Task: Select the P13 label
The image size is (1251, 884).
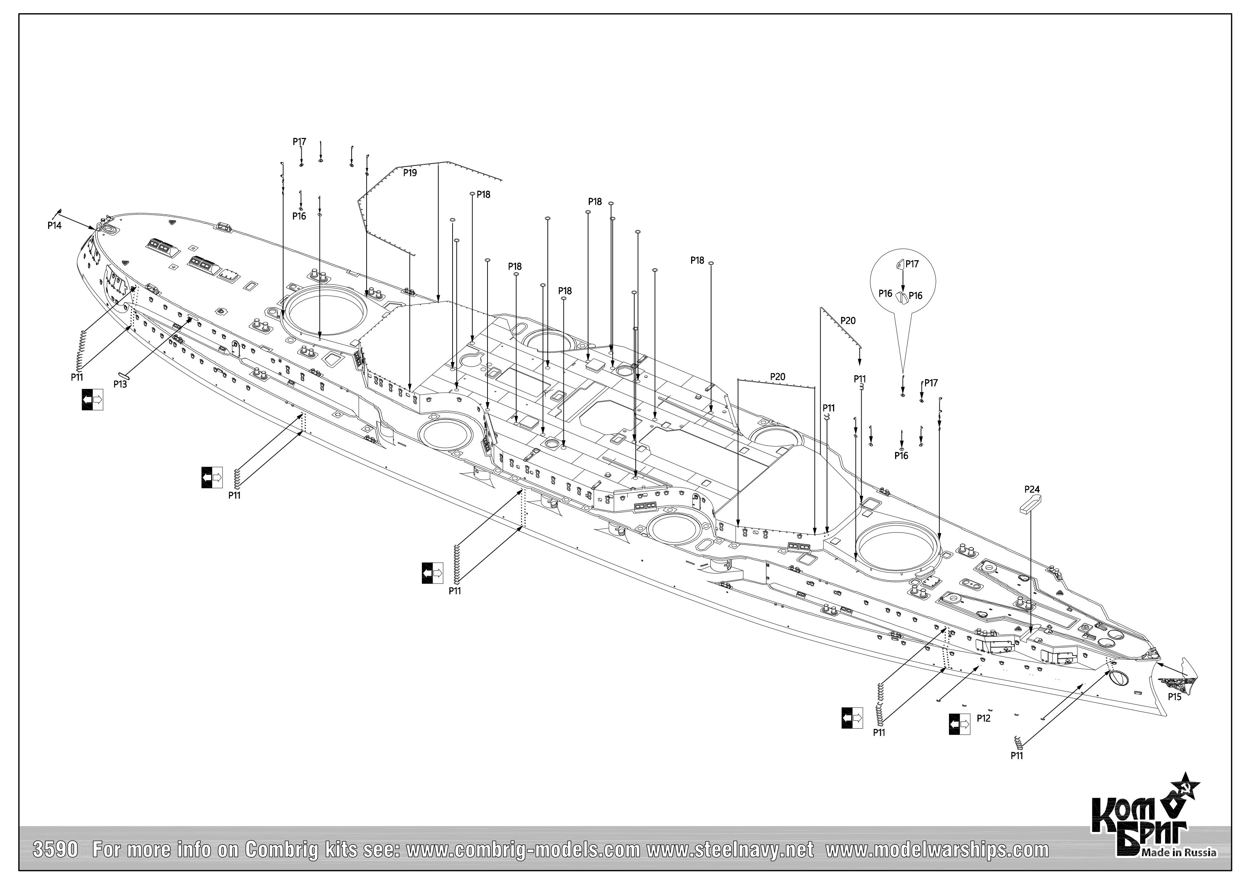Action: (x=121, y=384)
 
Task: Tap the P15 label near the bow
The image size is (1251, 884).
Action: (x=1174, y=697)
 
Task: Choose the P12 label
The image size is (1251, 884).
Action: (x=984, y=718)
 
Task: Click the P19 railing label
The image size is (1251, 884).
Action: (x=410, y=173)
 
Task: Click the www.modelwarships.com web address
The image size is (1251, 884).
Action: (x=937, y=850)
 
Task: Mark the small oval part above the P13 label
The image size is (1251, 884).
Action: (x=123, y=374)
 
